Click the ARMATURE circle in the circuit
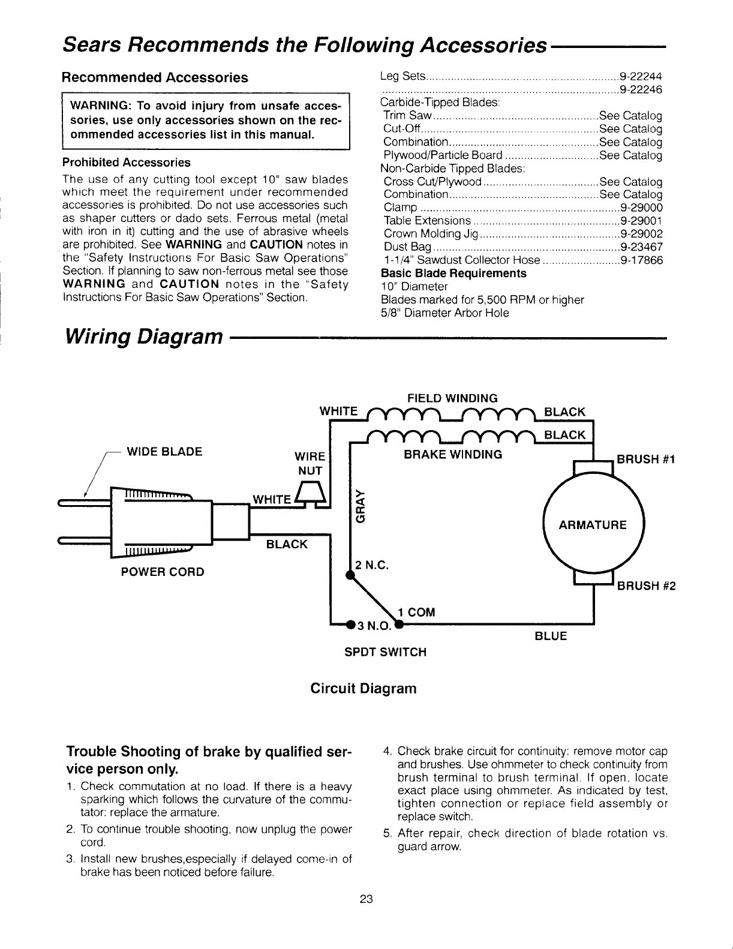point(592,525)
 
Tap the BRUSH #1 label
point(646,460)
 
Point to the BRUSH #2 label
point(646,586)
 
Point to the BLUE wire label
point(550,636)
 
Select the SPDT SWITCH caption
point(385,651)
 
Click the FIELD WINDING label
point(452,398)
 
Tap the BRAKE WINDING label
point(453,454)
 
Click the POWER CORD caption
point(163,572)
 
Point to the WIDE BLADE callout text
point(164,451)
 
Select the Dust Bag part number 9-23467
point(641,247)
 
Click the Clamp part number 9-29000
point(641,208)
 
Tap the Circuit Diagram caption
point(363,688)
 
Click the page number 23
point(366,899)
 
